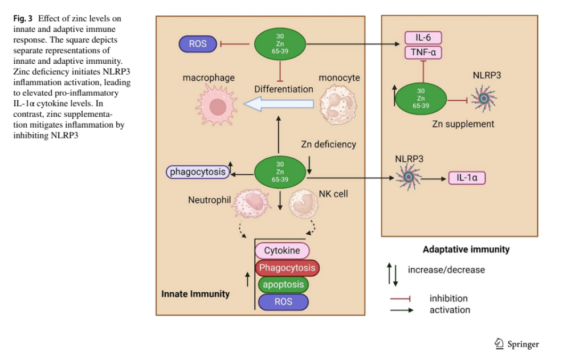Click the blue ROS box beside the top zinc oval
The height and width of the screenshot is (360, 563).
(198, 43)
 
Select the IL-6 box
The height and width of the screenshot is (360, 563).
(423, 38)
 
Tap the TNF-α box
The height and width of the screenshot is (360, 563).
(423, 53)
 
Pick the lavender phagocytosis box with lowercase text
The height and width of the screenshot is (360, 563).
(198, 171)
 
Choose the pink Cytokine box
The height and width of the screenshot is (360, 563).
(282, 251)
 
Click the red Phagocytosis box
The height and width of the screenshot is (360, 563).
(287, 267)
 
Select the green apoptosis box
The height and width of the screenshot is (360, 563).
(283, 284)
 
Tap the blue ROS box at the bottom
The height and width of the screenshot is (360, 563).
(283, 301)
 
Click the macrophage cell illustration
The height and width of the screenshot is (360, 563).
(215, 106)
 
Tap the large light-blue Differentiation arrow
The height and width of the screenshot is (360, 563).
(279, 104)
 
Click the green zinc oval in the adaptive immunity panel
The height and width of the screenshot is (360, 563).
(421, 98)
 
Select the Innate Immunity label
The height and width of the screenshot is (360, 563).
(195, 294)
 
